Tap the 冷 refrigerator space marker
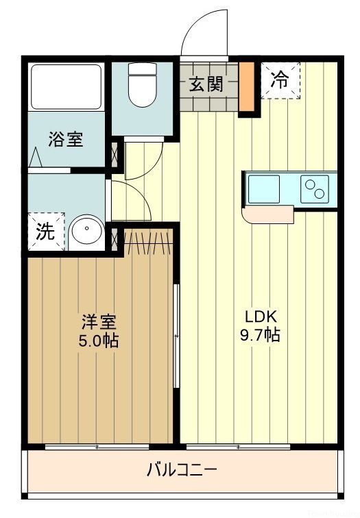280,80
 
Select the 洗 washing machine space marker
45,232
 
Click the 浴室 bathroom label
66,140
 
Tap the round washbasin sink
86,230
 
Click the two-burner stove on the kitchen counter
315,188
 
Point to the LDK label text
261,317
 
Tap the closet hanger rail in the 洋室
145,241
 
